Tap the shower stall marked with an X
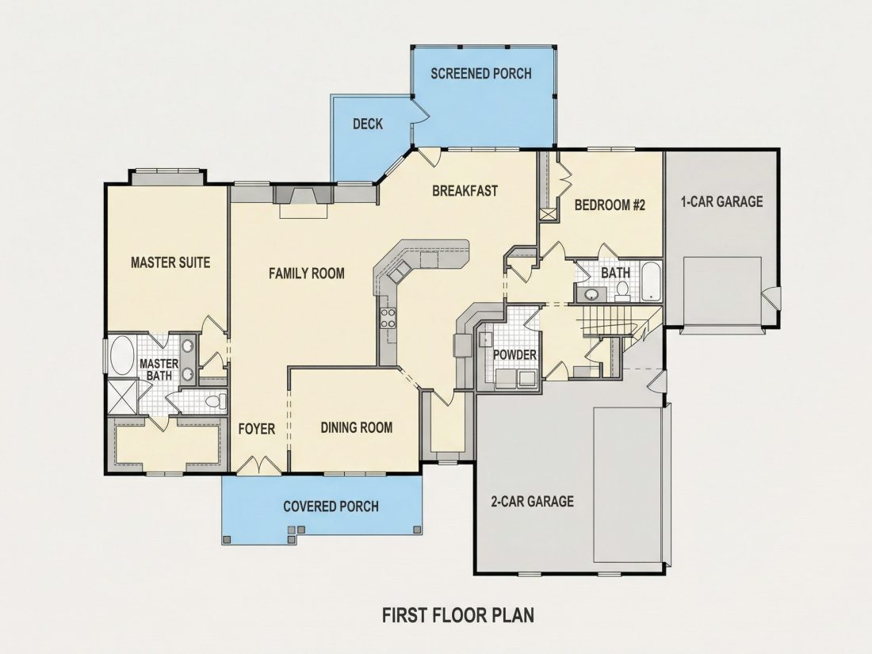tap(122, 396)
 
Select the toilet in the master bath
tap(215, 400)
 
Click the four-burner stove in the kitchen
tap(388, 318)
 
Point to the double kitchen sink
tap(400, 272)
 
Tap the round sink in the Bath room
tap(590, 294)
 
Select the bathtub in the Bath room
tap(649, 281)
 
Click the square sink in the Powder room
tap(485, 338)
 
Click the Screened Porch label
tap(481, 74)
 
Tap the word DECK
tap(368, 124)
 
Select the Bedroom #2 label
tap(610, 205)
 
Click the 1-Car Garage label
tap(722, 201)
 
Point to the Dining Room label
tap(357, 427)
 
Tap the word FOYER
tap(257, 429)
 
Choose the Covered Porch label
tap(331, 507)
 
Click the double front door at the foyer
tap(259, 465)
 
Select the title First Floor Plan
tap(458, 615)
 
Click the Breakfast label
tap(465, 191)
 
